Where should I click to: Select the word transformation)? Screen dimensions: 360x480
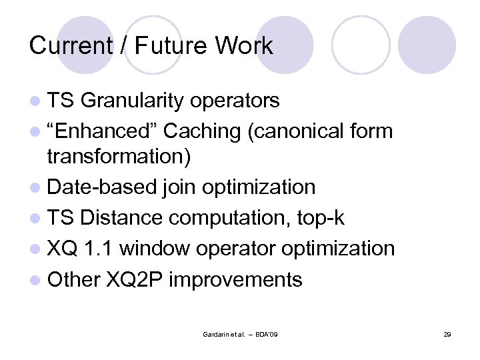[119, 157]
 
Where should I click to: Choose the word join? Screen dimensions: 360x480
[175, 187]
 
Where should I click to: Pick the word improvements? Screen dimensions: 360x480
[235, 279]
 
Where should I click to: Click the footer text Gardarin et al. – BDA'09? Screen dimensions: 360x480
[239, 333]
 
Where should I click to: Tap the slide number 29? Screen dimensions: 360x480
[447, 333]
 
